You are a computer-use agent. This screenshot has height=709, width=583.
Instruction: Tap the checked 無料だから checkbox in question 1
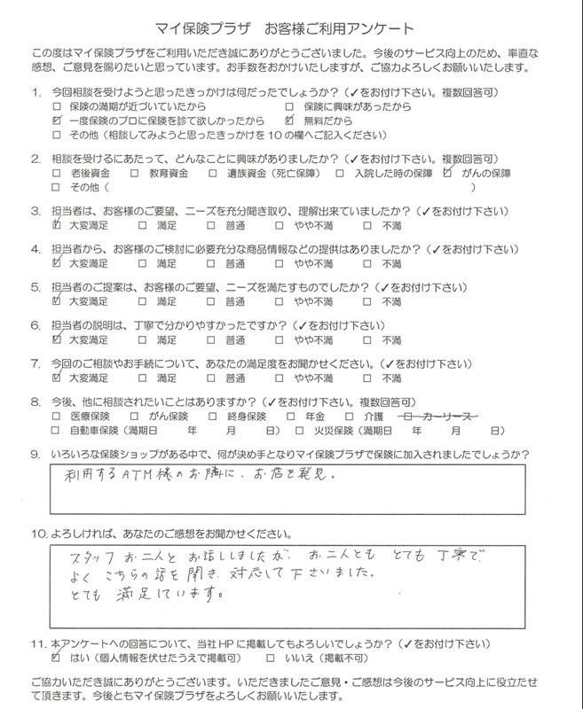(x=290, y=120)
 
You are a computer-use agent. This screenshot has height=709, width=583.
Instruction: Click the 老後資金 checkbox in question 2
(x=58, y=174)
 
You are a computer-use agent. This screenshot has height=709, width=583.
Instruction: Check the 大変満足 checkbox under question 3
(x=58, y=226)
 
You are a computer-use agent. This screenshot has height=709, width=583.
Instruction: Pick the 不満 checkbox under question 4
(x=366, y=263)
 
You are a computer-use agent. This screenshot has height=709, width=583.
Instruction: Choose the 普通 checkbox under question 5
(x=211, y=301)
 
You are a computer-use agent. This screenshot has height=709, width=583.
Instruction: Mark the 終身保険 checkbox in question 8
(x=212, y=415)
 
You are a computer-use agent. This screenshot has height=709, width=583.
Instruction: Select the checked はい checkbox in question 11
(x=58, y=659)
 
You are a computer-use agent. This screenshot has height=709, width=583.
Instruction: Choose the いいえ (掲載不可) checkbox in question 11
(x=270, y=659)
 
